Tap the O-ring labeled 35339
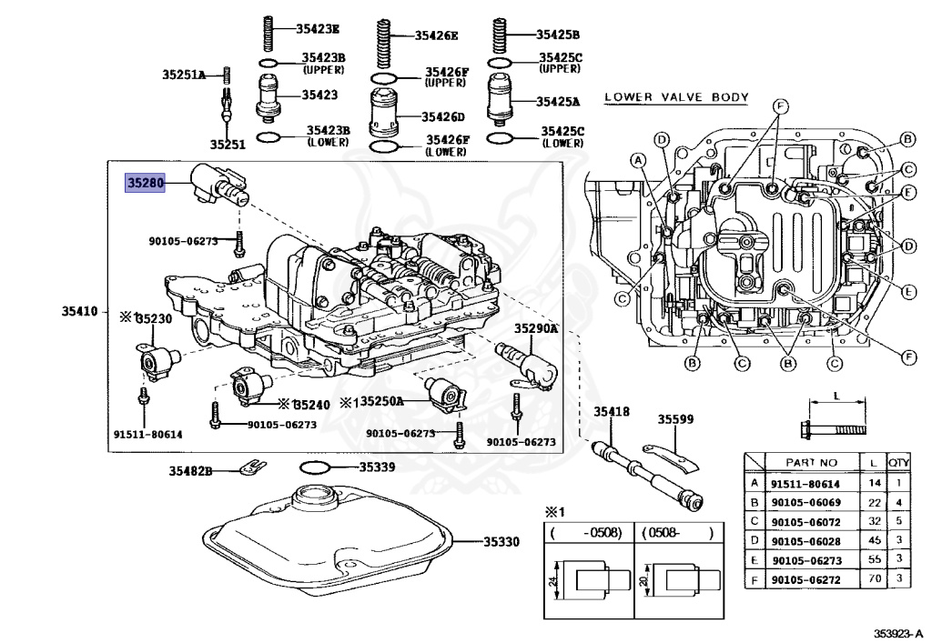[x=314, y=467]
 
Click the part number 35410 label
[x=80, y=311]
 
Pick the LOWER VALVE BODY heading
[x=675, y=97]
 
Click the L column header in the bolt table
[x=874, y=462]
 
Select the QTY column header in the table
[x=899, y=462]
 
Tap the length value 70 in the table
[x=874, y=578]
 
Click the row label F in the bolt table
[x=754, y=578]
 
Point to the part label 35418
[x=612, y=412]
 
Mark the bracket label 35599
[x=676, y=419]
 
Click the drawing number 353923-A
[x=897, y=632]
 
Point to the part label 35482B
[x=190, y=470]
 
